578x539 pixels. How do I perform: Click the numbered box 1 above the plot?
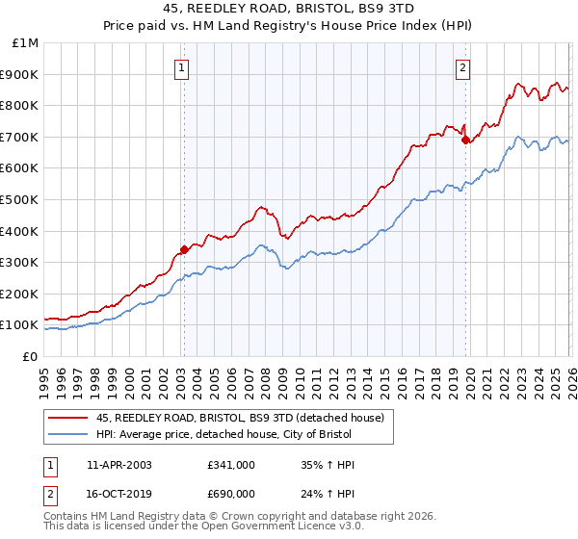tap(182, 67)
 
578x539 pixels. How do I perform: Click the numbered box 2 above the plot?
tap(463, 67)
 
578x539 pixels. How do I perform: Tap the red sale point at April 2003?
tap(184, 249)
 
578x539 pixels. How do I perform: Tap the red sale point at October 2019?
tap(465, 140)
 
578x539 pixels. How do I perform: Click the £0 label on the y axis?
tap(31, 357)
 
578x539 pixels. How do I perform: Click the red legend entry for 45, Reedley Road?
tap(240, 418)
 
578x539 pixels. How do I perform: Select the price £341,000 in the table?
tap(231, 465)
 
